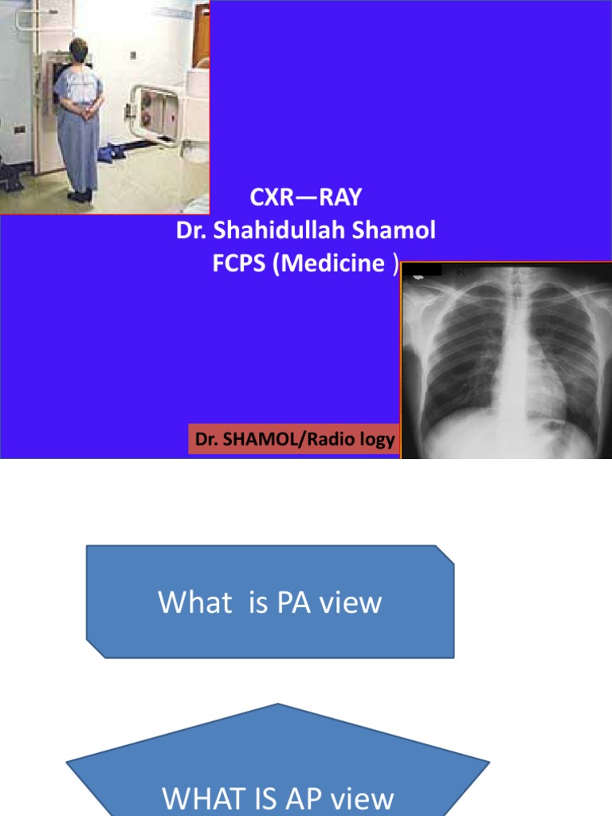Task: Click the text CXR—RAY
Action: tap(306, 198)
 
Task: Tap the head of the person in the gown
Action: tap(79, 49)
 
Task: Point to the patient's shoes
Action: tap(80, 196)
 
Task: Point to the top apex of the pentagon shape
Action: tap(278, 704)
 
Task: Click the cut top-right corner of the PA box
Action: tap(445, 555)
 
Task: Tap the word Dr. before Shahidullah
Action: tap(193, 231)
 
